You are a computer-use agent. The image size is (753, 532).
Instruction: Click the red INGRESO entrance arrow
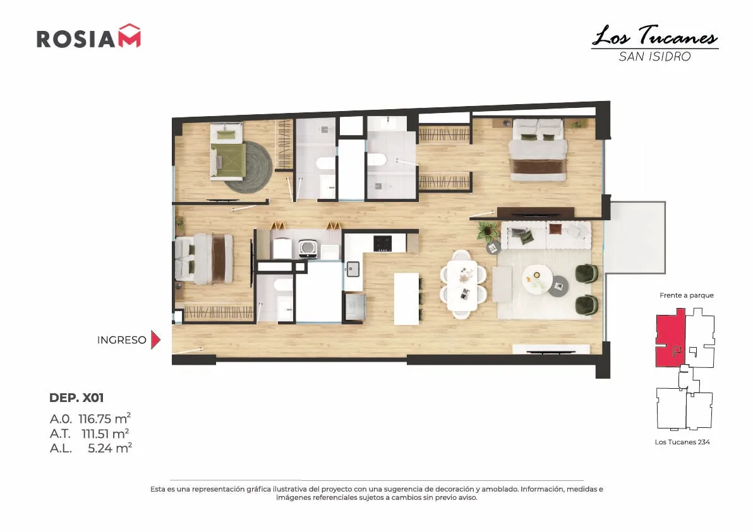click(x=155, y=340)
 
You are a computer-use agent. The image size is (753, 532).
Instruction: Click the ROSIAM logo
click(x=89, y=36)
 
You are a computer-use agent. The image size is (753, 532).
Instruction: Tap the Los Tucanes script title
click(x=655, y=36)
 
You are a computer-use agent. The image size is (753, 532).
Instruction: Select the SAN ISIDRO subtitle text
click(x=654, y=57)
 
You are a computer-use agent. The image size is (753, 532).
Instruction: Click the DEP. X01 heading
click(x=76, y=398)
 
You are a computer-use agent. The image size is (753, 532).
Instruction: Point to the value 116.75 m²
click(x=105, y=418)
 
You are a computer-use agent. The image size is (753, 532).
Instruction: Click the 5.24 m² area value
click(x=110, y=448)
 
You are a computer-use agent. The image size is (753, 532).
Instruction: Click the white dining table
click(x=462, y=285)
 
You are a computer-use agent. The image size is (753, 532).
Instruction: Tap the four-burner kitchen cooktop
click(x=383, y=243)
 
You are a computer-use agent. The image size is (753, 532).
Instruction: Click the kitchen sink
click(x=353, y=269)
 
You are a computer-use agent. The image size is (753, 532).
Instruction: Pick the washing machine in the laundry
click(x=308, y=248)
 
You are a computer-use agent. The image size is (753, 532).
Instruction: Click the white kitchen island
click(x=406, y=299)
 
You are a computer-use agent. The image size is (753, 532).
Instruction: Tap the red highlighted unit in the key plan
click(x=670, y=340)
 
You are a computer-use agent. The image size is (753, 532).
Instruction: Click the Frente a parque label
click(x=686, y=295)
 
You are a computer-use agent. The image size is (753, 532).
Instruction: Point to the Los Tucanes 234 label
click(x=682, y=442)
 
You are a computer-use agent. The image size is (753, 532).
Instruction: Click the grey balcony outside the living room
click(x=635, y=237)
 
